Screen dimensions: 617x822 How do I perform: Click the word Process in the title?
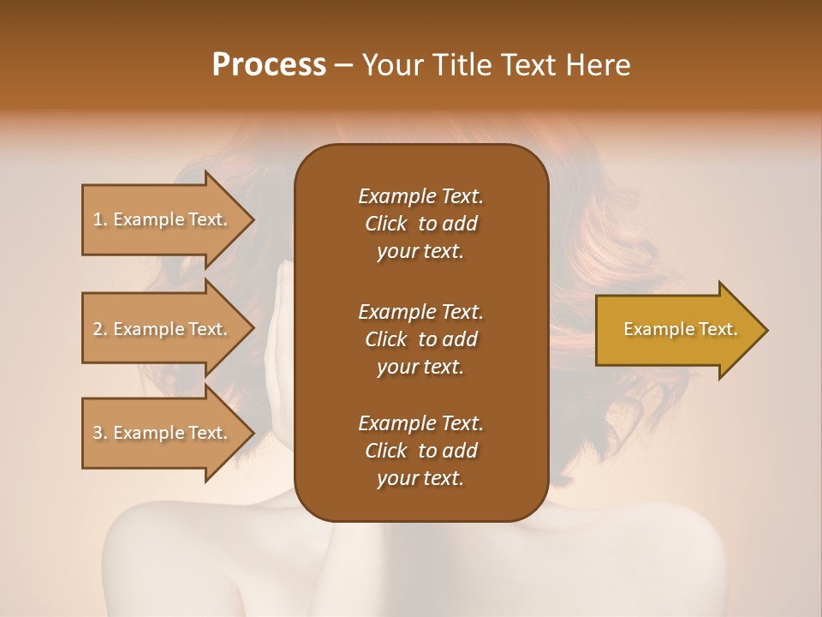click(x=269, y=64)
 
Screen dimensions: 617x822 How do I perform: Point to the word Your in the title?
click(x=391, y=64)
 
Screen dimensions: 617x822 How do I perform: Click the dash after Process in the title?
click(x=344, y=65)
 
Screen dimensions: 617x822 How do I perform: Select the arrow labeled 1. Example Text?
click(x=160, y=219)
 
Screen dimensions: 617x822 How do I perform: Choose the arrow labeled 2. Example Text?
click(x=160, y=329)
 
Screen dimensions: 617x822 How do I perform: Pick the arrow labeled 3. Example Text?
click(x=160, y=433)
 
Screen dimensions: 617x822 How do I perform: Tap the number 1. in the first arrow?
click(x=100, y=219)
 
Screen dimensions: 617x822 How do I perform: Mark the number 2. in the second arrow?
click(x=100, y=329)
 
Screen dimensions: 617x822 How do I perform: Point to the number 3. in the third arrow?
click(x=100, y=433)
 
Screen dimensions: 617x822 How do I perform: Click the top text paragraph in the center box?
click(x=420, y=224)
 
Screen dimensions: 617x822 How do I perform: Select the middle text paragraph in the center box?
click(x=420, y=338)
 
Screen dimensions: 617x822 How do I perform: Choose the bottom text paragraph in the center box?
click(x=420, y=451)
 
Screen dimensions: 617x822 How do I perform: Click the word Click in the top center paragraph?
click(x=385, y=224)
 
